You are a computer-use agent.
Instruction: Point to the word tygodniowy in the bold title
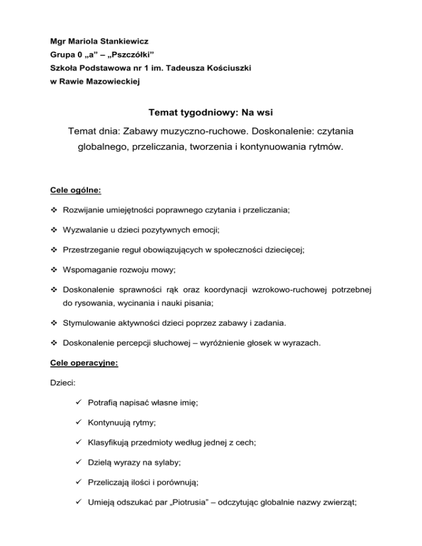(x=208, y=113)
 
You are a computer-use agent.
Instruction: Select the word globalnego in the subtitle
(x=104, y=148)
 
